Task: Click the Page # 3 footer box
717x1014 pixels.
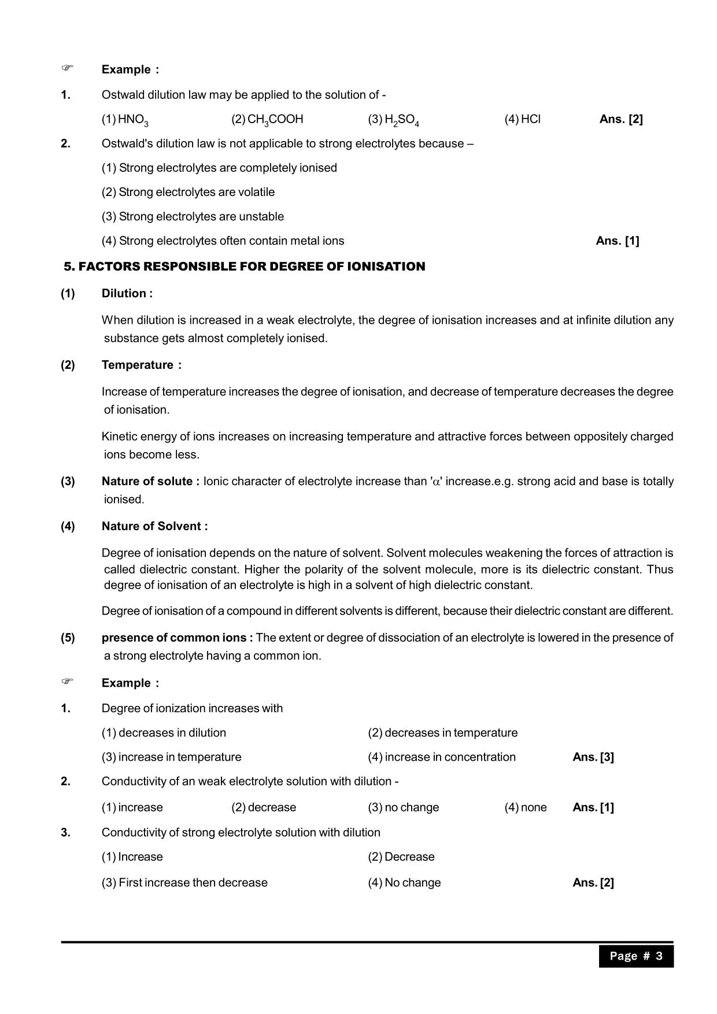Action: pyautogui.click(x=636, y=956)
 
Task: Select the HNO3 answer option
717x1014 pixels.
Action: pyautogui.click(x=125, y=120)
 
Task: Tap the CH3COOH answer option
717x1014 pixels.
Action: pyautogui.click(x=267, y=120)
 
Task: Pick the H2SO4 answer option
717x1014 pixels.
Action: pyautogui.click(x=394, y=120)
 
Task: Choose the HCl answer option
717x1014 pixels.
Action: pyautogui.click(x=523, y=119)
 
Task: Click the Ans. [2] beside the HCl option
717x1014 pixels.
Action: pyautogui.click(x=621, y=119)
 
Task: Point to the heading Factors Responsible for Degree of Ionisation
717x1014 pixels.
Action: pyautogui.click(x=245, y=267)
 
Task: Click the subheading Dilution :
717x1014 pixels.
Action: pyautogui.click(x=127, y=293)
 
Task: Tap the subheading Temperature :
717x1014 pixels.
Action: pyautogui.click(x=142, y=365)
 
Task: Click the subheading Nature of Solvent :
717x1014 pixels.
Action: pyautogui.click(x=154, y=526)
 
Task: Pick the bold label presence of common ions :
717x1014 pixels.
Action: pyautogui.click(x=177, y=638)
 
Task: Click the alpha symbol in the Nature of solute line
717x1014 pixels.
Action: pyautogui.click(x=437, y=482)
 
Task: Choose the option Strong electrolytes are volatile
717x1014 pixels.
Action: pyautogui.click(x=188, y=192)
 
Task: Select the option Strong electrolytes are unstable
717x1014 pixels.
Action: pyautogui.click(x=193, y=216)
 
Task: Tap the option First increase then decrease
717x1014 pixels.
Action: pyautogui.click(x=184, y=882)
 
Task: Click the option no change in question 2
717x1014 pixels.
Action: pyautogui.click(x=404, y=807)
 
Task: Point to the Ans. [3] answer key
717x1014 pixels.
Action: pyautogui.click(x=593, y=757)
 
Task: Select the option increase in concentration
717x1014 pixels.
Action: pyautogui.click(x=442, y=757)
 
